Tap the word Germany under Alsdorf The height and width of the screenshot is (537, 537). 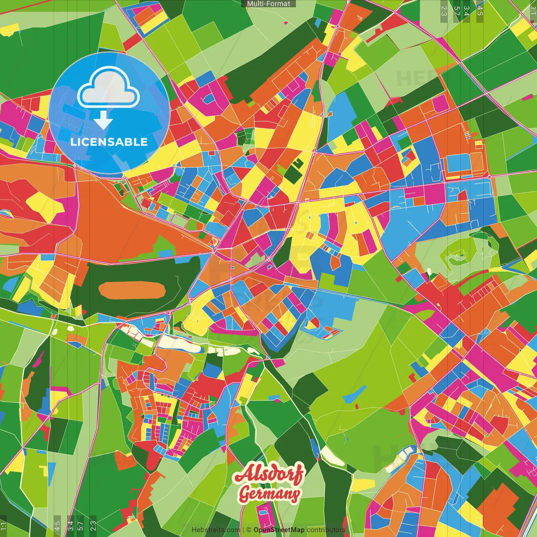pos(269,494)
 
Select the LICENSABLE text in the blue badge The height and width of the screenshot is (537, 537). pos(109,142)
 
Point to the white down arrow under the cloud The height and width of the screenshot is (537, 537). pos(103,121)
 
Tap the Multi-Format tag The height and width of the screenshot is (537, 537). pos(268,4)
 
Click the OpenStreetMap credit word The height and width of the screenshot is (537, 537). pos(279,530)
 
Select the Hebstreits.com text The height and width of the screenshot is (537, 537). pos(216,530)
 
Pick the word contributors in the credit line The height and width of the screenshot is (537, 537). pos(326,530)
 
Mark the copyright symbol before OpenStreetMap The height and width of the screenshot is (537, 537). pos(249,530)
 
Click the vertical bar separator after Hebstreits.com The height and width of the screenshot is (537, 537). pos(243,530)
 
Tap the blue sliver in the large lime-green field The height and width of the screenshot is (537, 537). pos(355,393)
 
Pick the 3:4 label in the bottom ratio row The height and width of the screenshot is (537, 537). pos(70,524)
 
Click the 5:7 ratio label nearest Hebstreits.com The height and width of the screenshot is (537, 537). pos(81,524)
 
